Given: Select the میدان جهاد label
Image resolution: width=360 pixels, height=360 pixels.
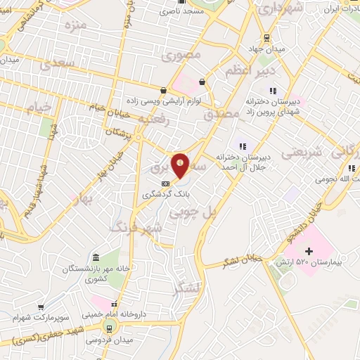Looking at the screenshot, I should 269,50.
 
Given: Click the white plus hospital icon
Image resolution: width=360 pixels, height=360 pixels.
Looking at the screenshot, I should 308,250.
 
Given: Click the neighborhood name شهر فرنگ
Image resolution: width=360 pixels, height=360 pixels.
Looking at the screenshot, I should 138,227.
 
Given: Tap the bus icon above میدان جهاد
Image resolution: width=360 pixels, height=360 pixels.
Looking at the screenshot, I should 267,38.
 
